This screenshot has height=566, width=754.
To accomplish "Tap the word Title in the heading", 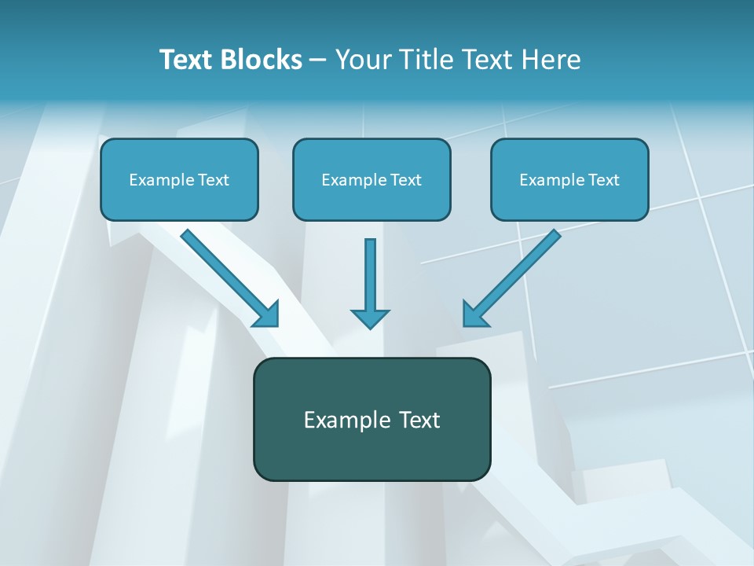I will tap(427, 60).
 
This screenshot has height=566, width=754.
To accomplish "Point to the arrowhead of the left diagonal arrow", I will tap(268, 315).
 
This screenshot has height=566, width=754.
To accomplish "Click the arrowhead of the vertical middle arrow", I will tap(370, 318).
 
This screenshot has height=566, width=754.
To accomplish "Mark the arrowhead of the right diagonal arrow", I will tap(474, 315).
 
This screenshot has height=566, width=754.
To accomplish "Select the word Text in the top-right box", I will tap(603, 180).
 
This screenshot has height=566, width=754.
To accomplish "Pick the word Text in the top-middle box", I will tap(405, 180).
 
